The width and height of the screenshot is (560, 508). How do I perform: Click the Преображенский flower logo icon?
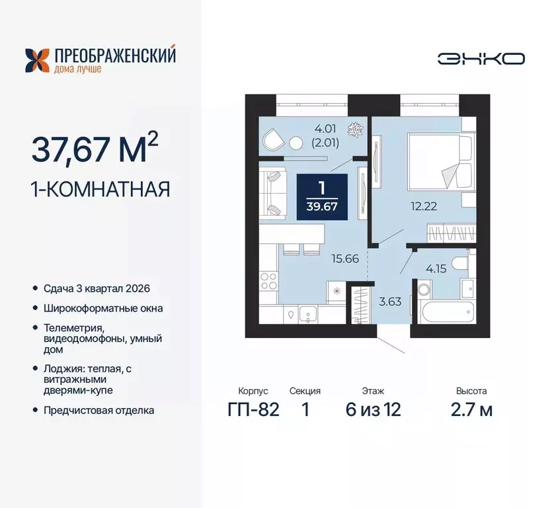[x=38, y=60]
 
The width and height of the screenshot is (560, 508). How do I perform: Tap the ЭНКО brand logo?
[x=481, y=58]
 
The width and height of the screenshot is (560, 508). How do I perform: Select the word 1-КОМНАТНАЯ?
[x=100, y=190]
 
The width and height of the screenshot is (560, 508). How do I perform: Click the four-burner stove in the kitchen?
[x=268, y=280]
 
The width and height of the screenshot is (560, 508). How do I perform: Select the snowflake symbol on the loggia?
[x=356, y=128]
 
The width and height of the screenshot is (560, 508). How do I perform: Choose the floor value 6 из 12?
[x=373, y=409]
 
